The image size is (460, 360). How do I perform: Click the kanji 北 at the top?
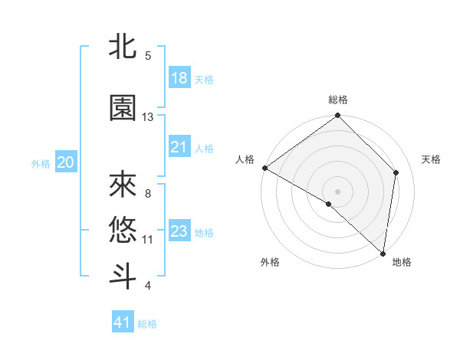[123, 47]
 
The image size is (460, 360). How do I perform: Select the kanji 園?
[123, 108]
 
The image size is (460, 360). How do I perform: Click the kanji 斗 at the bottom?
[123, 276]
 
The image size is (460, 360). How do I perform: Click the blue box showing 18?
[179, 78]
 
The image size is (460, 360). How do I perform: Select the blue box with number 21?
[179, 147]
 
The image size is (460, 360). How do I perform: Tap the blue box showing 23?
[179, 231]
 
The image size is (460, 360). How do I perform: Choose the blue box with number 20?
[66, 162]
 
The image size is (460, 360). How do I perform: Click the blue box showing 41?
[123, 322]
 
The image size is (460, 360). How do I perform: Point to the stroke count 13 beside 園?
[148, 117]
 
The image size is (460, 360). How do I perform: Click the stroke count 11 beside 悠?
[148, 240]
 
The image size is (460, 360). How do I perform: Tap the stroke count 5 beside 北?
[148, 56]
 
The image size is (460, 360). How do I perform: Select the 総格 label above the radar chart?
[338, 100]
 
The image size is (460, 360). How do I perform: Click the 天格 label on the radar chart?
[431, 159]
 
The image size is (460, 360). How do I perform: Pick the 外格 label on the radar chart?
[269, 262]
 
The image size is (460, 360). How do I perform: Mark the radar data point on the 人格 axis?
[264, 168]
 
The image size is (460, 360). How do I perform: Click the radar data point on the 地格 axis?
[383, 254]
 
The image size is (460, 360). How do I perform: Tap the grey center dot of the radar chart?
[338, 190]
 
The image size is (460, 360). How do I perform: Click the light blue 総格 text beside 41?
[147, 324]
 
